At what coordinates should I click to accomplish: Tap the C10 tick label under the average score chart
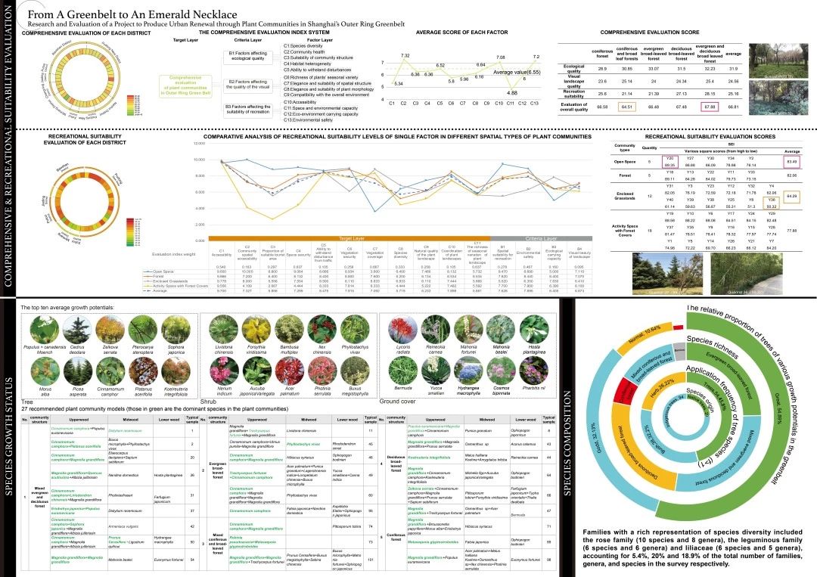(x=499, y=103)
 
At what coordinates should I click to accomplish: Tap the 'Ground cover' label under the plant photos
(x=395, y=400)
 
